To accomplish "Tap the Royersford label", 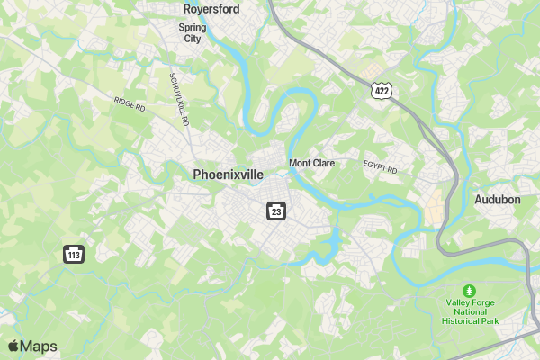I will [x=210, y=9].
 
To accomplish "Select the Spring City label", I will [x=193, y=33].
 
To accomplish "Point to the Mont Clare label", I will [x=311, y=164].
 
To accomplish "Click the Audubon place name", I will [x=498, y=199].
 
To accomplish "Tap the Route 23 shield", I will [x=275, y=211].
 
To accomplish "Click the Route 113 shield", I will [x=74, y=254].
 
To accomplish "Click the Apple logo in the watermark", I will [x=13, y=346].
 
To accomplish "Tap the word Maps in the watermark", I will [x=39, y=346].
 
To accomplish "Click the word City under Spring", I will [x=193, y=39].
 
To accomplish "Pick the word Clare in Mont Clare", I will [x=323, y=164].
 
